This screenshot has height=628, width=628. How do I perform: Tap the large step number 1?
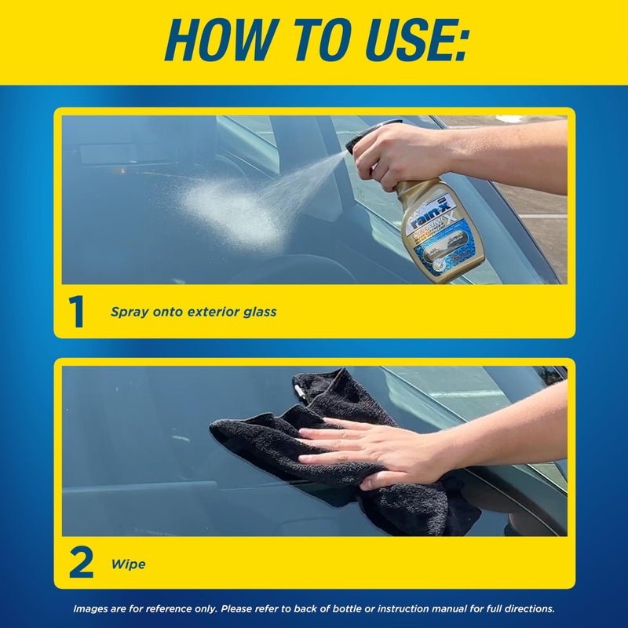click(x=77, y=312)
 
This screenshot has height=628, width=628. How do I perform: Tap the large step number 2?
click(x=80, y=564)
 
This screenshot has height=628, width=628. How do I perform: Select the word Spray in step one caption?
click(x=127, y=312)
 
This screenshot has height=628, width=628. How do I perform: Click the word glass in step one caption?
click(x=257, y=312)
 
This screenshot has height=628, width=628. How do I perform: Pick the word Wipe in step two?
click(x=129, y=564)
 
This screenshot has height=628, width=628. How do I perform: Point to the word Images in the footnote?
click(x=91, y=608)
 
